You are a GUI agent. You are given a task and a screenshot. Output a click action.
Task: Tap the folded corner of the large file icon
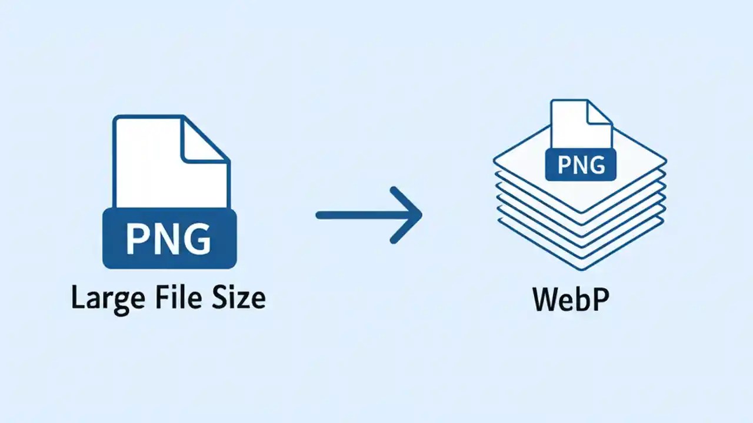tap(203, 141)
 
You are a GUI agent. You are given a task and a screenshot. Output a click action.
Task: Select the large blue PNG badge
tap(169, 239)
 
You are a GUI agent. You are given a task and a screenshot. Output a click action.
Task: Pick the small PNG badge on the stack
tap(581, 164)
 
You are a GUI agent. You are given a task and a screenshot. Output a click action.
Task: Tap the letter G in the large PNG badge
tap(197, 239)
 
